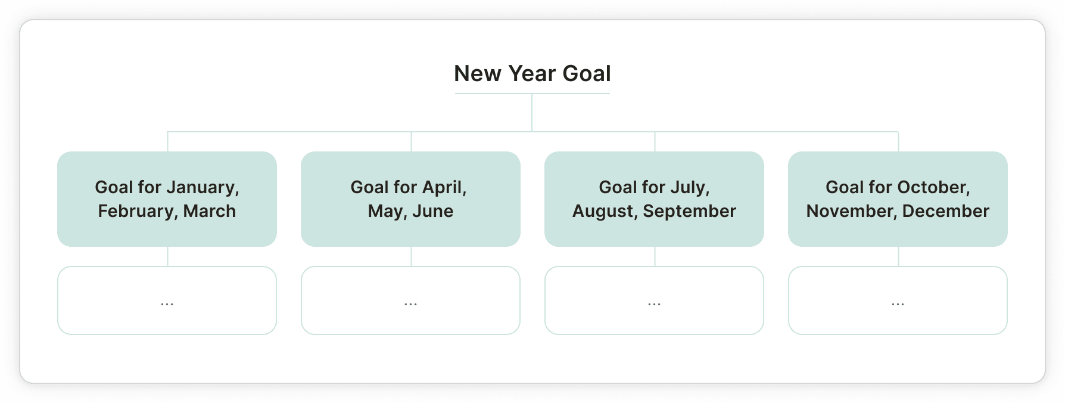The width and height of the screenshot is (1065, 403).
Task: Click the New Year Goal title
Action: (x=532, y=73)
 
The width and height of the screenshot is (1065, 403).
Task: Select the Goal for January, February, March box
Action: (x=167, y=199)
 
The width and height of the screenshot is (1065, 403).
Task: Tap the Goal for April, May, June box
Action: (x=410, y=199)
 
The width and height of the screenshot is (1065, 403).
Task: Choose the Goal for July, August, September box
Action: (x=654, y=199)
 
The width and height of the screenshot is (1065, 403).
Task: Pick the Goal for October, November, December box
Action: (x=898, y=199)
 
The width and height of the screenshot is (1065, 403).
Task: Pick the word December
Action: (x=946, y=211)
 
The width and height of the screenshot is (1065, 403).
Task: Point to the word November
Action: (x=852, y=212)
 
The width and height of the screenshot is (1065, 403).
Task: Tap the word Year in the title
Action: (x=532, y=73)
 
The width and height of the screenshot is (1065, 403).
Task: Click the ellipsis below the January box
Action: (x=167, y=304)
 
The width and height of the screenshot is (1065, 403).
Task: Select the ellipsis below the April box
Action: (x=410, y=304)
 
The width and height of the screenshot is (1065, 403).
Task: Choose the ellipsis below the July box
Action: (x=654, y=304)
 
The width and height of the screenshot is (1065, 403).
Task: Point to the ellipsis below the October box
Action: (x=898, y=304)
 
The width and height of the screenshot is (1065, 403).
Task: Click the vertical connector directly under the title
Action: (x=532, y=113)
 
